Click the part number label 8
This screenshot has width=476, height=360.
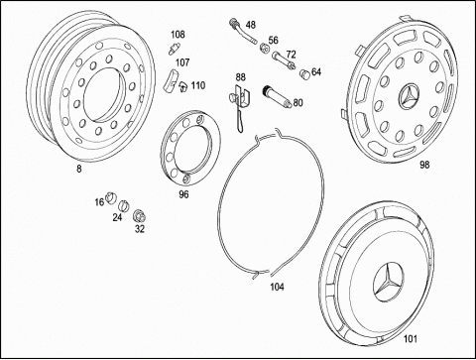click(79, 169)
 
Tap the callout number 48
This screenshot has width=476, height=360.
click(251, 25)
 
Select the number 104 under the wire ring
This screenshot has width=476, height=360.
click(277, 287)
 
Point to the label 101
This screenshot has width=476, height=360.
click(411, 339)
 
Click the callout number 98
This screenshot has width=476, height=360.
click(424, 165)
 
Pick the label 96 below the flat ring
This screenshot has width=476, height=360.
click(183, 194)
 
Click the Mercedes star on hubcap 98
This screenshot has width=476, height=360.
click(410, 96)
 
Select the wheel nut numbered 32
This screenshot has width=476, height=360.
click(139, 216)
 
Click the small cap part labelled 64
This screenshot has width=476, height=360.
click(304, 73)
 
